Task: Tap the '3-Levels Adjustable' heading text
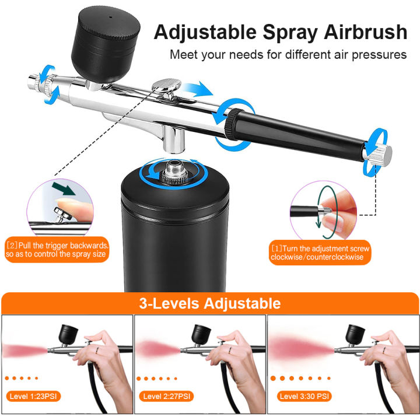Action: coord(209,303)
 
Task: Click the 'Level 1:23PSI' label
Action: coord(35,397)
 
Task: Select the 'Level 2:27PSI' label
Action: coord(167,397)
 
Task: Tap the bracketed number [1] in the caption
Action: coord(276,248)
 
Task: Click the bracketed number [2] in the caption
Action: coord(11,245)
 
